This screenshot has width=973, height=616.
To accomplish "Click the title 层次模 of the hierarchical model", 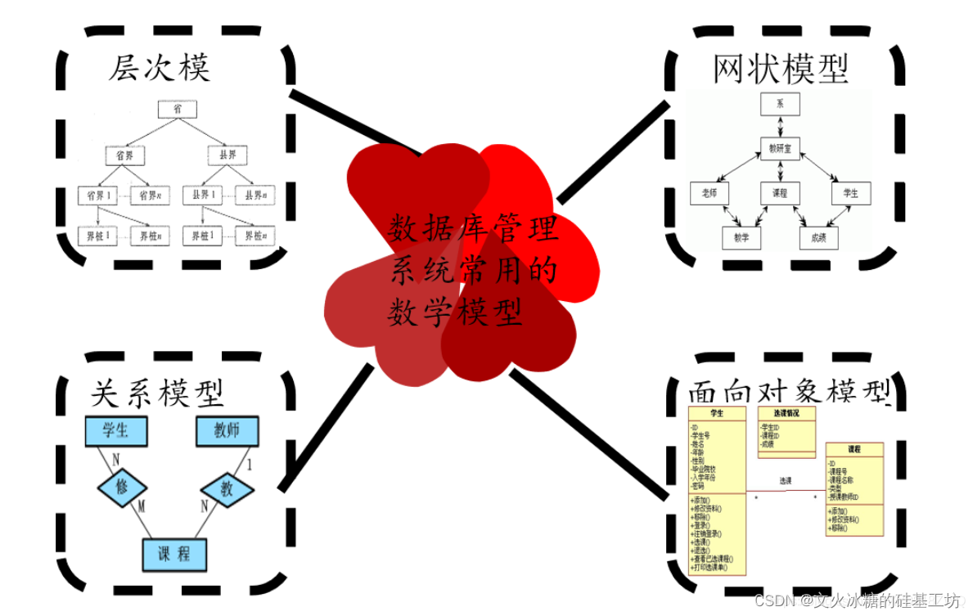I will pos(160,69).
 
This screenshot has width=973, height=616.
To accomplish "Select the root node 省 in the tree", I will pos(178,109).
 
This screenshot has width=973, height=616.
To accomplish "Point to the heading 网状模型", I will pos(781,69).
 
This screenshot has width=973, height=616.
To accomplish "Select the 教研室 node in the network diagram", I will pos(780,148).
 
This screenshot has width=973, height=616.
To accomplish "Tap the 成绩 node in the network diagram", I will pos(819,238).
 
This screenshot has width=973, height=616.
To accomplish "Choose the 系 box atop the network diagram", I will pos(780,104).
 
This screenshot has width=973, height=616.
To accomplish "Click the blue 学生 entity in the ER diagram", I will pos(117,430).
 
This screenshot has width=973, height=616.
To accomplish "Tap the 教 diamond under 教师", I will pos(226,488).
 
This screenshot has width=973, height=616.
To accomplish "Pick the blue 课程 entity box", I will pos(173,555).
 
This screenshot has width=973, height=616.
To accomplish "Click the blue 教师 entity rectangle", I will pos(226,430).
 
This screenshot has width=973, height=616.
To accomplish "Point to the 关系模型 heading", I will pos(155,394).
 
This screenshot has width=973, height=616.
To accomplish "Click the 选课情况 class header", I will pos(786,413).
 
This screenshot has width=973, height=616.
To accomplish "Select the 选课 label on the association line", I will pos(786,480).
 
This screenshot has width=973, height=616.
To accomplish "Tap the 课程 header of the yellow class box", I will pos(854,449).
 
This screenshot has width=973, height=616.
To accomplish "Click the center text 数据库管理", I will pos(472,229).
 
